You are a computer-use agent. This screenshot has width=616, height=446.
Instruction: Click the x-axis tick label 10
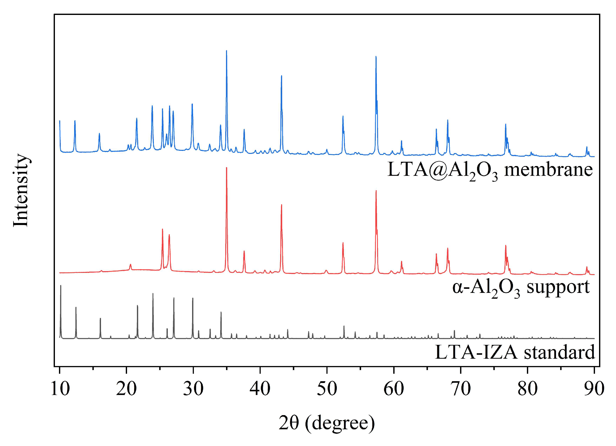coord(60,389)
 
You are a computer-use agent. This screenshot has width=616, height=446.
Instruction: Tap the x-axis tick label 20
coord(126,389)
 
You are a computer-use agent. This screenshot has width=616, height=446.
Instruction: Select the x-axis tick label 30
coord(193,389)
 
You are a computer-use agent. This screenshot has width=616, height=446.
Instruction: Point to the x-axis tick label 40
coord(260,389)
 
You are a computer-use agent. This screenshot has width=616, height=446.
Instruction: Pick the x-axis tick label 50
coord(327,389)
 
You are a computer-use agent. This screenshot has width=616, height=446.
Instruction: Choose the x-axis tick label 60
coord(394,389)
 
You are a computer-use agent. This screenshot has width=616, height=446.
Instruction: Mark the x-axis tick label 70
coord(461,389)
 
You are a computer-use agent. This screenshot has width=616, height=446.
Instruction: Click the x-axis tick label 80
coord(527,389)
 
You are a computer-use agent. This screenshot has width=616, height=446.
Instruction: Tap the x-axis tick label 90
coord(594,389)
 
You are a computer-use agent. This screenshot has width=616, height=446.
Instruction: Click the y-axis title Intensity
coord(21,190)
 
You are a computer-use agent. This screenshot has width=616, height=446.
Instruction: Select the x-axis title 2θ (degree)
coord(327,423)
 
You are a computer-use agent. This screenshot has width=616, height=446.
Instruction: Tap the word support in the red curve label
coord(558,287)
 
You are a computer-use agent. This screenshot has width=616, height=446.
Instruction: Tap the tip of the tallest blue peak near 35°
coord(227,51)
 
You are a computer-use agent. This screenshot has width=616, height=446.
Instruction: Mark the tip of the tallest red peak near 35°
coord(227,168)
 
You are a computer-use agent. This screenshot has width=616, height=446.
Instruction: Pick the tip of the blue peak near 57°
coord(376,56)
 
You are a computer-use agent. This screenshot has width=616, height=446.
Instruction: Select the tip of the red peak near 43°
coord(281,205)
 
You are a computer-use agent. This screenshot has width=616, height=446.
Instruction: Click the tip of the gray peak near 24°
coord(153,293)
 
